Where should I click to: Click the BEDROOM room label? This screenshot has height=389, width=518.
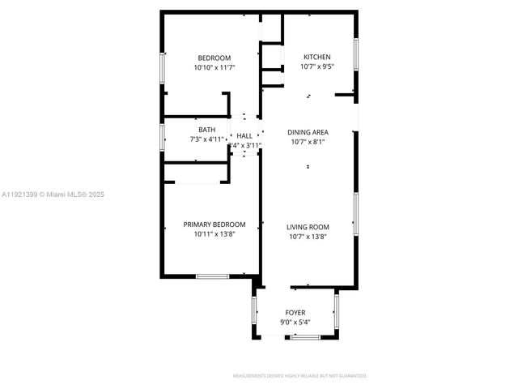[214, 58]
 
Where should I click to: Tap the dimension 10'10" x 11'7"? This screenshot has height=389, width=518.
[214, 68]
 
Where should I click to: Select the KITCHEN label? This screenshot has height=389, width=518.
[316, 57]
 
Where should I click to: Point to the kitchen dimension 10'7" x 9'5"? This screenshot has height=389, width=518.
[316, 67]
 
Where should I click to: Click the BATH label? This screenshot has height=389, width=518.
[207, 130]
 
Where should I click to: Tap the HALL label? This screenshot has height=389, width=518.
[244, 136]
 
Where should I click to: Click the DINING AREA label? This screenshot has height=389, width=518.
[308, 131]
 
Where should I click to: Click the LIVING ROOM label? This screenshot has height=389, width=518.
[308, 227]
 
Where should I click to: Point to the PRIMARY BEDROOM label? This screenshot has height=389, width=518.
[214, 224]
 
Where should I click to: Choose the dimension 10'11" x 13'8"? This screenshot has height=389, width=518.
[214, 235]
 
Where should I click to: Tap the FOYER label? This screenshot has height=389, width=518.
[295, 312]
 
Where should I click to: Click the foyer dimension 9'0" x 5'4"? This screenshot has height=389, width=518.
[295, 322]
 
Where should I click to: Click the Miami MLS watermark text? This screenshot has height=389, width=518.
[53, 194]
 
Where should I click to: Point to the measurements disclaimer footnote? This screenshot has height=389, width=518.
[300, 376]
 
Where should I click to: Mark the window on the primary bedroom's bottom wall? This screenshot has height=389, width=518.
[212, 277]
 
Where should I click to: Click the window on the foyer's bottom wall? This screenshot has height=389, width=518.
[306, 336]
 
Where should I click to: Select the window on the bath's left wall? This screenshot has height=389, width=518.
[163, 135]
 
